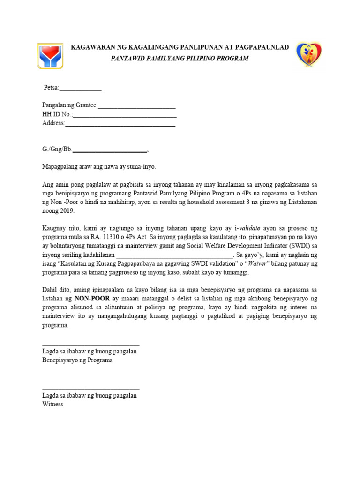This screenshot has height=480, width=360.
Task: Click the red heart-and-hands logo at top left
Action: (x=51, y=56)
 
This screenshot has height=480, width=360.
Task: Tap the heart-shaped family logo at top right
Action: (x=309, y=54)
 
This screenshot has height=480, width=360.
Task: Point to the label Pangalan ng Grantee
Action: (x=69, y=106)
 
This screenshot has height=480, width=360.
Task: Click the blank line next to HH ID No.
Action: (x=125, y=115)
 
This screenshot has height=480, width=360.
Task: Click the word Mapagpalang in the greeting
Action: (x=60, y=167)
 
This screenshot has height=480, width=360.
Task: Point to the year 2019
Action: (x=68, y=211)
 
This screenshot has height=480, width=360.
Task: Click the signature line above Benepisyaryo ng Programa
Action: (x=90, y=345)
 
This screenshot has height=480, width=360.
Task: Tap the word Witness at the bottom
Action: (x=52, y=404)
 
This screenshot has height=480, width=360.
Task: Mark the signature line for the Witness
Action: (x=90, y=389)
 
